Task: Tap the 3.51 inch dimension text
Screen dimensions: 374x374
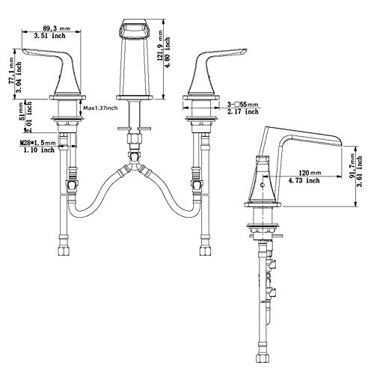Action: [x=50, y=36]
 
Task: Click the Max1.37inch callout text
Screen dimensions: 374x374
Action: [x=100, y=108]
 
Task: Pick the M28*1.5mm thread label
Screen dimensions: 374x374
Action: [x=37, y=143]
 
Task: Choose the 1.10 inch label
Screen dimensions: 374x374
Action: [x=39, y=150]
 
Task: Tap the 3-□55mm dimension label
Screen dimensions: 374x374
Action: [x=242, y=105]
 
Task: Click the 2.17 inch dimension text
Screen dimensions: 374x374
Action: [x=243, y=111]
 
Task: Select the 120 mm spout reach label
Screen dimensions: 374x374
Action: [x=310, y=173]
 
